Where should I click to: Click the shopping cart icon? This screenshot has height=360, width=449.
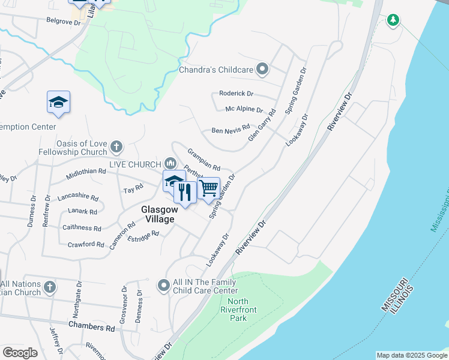[x=208, y=188]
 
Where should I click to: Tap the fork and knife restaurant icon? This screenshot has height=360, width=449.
[x=185, y=192]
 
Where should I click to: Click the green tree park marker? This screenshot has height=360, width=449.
[x=393, y=20]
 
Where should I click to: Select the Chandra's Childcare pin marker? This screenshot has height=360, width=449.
[x=262, y=70]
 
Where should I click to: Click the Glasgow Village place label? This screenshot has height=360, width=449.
[x=158, y=214]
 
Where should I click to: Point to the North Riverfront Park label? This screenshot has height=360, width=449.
[x=238, y=310]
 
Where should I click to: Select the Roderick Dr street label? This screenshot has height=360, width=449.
[x=237, y=94]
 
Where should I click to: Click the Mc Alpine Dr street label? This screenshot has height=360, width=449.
[x=244, y=109]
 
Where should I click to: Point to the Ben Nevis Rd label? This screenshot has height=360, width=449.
[x=230, y=130]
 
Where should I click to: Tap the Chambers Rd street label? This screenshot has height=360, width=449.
[x=91, y=328]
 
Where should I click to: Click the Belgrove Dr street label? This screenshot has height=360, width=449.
[x=63, y=21]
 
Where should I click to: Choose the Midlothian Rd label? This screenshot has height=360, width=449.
[x=86, y=172]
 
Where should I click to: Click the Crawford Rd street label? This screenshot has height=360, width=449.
[x=86, y=244]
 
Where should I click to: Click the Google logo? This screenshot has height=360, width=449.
[x=20, y=353]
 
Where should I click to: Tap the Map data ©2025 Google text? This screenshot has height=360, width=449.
[x=411, y=355]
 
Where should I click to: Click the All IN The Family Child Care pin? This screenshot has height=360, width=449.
[x=163, y=286]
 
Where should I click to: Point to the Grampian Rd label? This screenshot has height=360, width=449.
[x=204, y=160]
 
